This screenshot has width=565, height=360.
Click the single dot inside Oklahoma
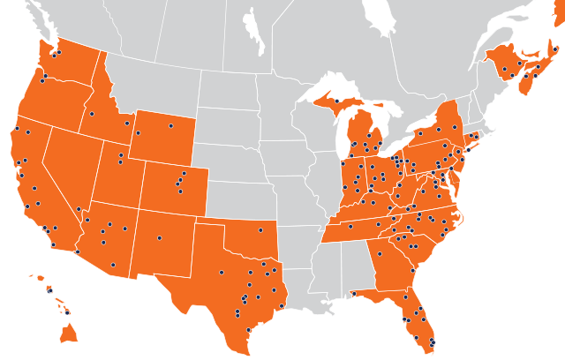[x=260, y=231]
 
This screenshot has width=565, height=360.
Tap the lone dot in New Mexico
[x=160, y=237]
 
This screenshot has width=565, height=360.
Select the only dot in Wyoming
[x=170, y=125]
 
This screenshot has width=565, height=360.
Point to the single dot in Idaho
[x=92, y=113]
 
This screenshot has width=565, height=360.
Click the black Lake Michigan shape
[x=336, y=132]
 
